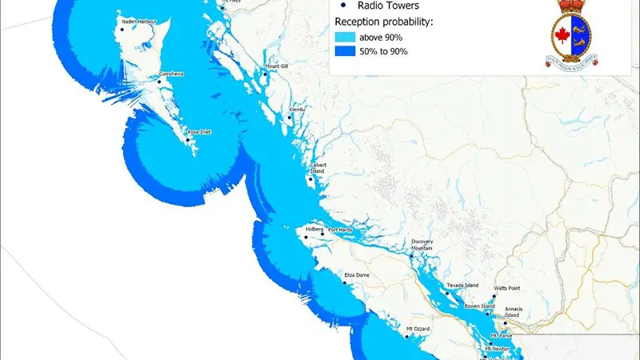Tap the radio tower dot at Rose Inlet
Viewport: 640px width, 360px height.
click(187, 141)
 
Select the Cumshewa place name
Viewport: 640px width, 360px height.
click(171, 74)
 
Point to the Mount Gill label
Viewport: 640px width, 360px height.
click(276, 66)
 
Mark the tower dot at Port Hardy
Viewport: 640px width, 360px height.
click(323, 234)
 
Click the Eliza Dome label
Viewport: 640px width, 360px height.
click(356, 275)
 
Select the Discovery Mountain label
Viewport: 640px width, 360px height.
click(426, 245)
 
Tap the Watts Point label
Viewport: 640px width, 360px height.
click(506, 287)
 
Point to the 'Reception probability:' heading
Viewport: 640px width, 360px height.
click(385, 21)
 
